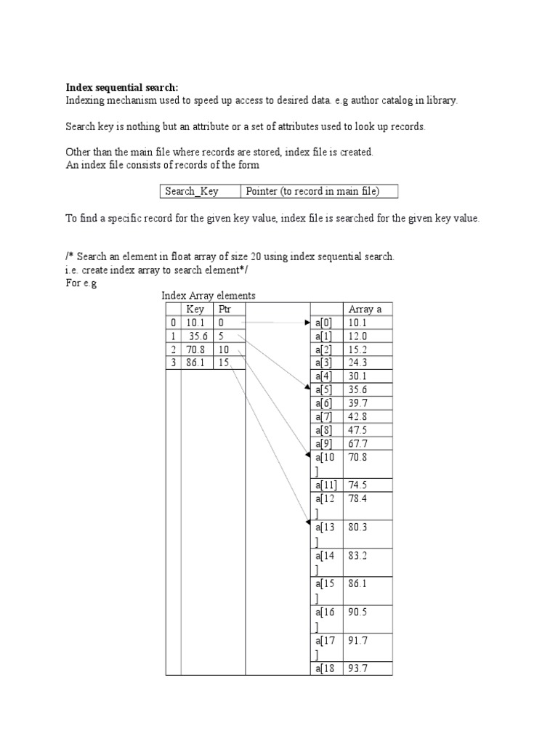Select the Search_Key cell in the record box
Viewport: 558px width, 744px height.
coord(192,191)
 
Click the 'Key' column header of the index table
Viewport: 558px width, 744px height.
coord(195,310)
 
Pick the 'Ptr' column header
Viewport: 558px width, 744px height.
coord(225,310)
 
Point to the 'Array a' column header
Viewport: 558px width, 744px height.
coord(365,310)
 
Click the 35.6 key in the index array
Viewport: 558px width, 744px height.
coord(197,336)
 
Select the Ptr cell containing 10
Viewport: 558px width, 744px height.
coord(225,349)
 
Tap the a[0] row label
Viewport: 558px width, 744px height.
coord(324,323)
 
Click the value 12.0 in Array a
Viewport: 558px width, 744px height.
coord(358,336)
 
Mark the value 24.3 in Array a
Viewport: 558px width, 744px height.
coord(358,363)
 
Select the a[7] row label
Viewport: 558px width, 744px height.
coord(324,416)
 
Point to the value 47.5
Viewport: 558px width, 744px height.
coord(358,429)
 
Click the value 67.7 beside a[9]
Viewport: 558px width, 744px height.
coord(358,443)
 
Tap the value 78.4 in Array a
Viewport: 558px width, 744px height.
coord(358,499)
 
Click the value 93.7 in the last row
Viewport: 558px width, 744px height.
coord(358,668)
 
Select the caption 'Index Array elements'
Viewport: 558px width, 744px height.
coord(208,296)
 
